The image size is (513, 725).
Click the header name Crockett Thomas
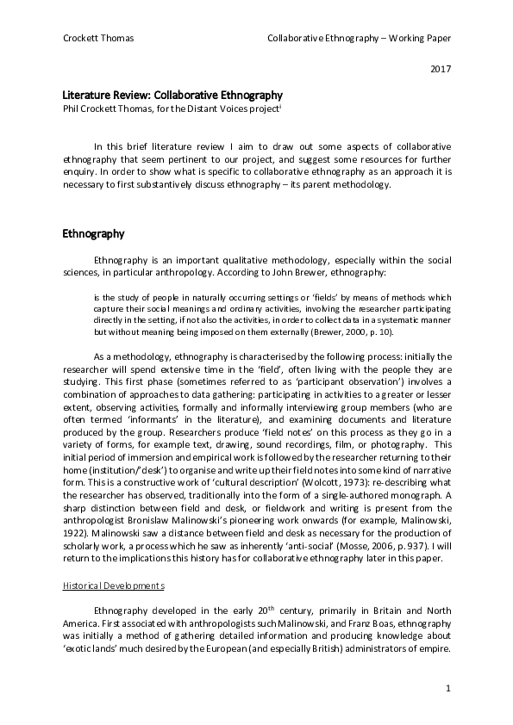[x=98, y=39]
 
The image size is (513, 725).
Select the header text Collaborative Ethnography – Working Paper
[x=359, y=39]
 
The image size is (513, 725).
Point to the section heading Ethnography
[x=94, y=233]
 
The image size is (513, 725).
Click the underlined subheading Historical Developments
[x=113, y=586]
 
